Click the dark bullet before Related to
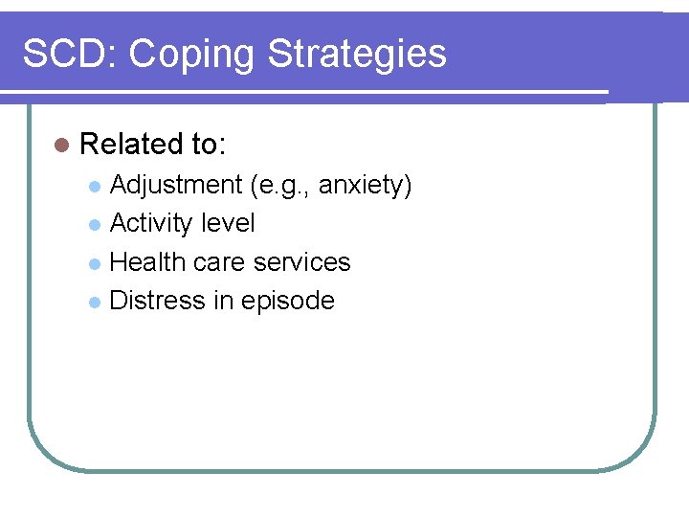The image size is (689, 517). (x=62, y=146)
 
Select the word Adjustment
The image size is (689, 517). (x=176, y=185)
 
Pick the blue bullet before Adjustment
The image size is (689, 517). (x=94, y=186)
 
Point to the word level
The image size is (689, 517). (x=228, y=223)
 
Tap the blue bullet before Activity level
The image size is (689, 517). (x=94, y=225)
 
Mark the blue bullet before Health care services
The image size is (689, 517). (x=94, y=263)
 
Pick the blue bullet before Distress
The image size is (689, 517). (x=94, y=303)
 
